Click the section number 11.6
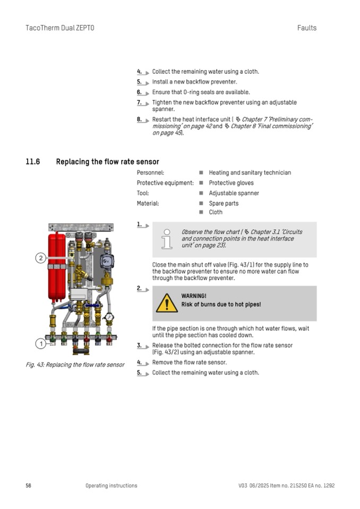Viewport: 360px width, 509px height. (33, 162)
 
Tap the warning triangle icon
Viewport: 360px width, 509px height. (167, 304)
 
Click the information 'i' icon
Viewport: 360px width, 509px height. (167, 239)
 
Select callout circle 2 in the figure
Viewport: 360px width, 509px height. (40, 258)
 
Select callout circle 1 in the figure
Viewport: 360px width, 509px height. (40, 344)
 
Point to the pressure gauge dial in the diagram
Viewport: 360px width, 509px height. (109, 317)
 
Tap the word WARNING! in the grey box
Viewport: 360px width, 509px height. (194, 296)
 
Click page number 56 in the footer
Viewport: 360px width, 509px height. (29, 486)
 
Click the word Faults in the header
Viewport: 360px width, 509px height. (306, 28)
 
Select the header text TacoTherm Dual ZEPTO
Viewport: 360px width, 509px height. (59, 28)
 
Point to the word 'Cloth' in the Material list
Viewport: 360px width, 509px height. (216, 212)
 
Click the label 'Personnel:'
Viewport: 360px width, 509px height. (150, 172)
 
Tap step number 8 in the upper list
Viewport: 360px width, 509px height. (139, 119)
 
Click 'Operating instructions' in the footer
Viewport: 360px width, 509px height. (111, 486)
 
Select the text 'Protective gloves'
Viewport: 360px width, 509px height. (231, 183)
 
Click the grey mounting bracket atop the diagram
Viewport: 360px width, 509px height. (81, 227)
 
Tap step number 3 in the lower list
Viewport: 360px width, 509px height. (139, 346)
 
